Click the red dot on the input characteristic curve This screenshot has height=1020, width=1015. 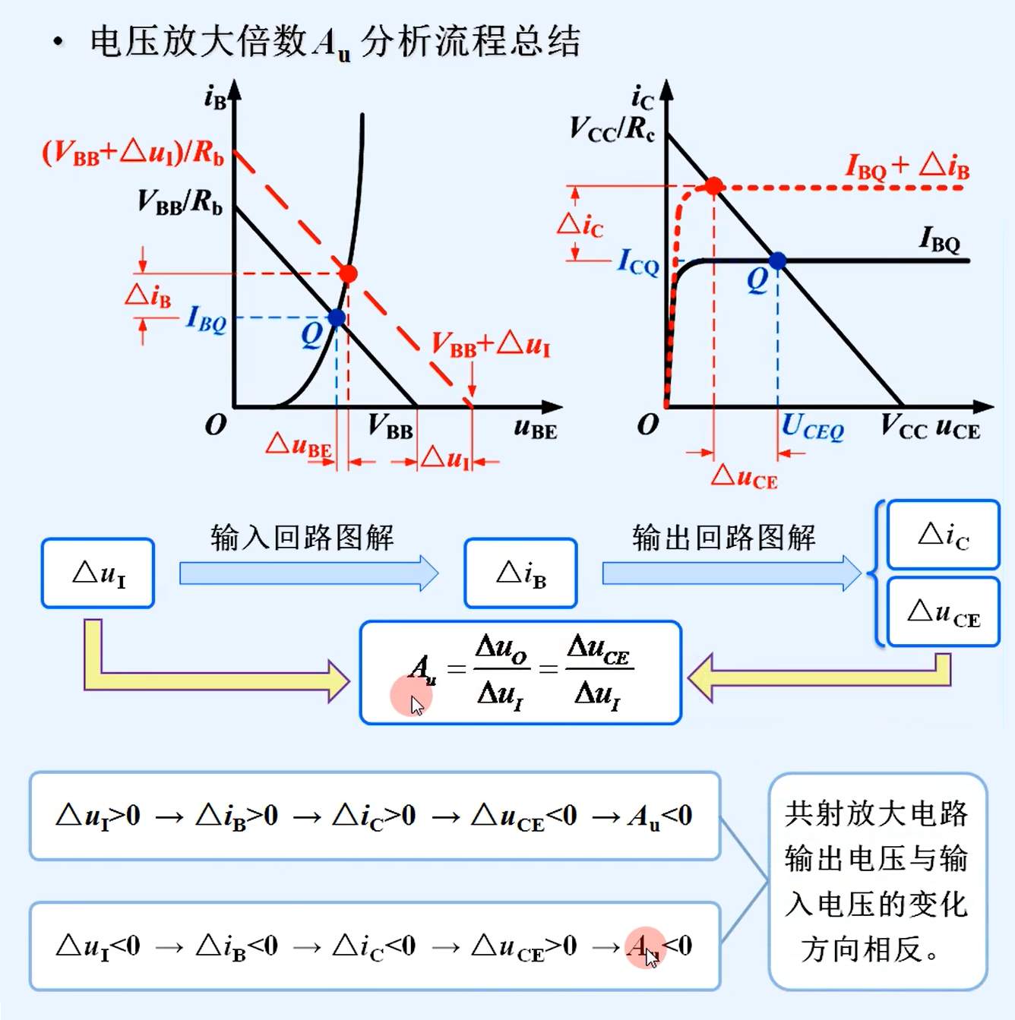coord(348,273)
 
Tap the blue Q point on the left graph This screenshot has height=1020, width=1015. coord(337,317)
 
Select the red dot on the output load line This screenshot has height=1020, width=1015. coord(713,186)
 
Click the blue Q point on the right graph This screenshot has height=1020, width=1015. coord(777,261)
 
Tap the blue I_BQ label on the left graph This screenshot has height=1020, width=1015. coord(206,319)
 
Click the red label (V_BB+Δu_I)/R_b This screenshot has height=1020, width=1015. coord(133,153)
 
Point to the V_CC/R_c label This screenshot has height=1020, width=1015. coord(612,130)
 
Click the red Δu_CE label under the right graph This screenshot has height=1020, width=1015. coord(745,478)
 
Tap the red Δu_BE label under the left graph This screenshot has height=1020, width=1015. coord(299,446)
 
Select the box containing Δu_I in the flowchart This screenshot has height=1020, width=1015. coord(98,573)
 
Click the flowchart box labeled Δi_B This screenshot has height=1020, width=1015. coord(520,573)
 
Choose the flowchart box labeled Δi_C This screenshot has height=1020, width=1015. coord(943,535)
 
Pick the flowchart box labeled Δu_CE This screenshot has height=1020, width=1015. coord(943,612)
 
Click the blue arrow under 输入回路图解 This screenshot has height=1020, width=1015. coord(308,573)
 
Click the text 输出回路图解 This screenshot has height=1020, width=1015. coord(723,537)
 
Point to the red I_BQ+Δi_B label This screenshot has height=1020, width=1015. coord(907,166)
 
